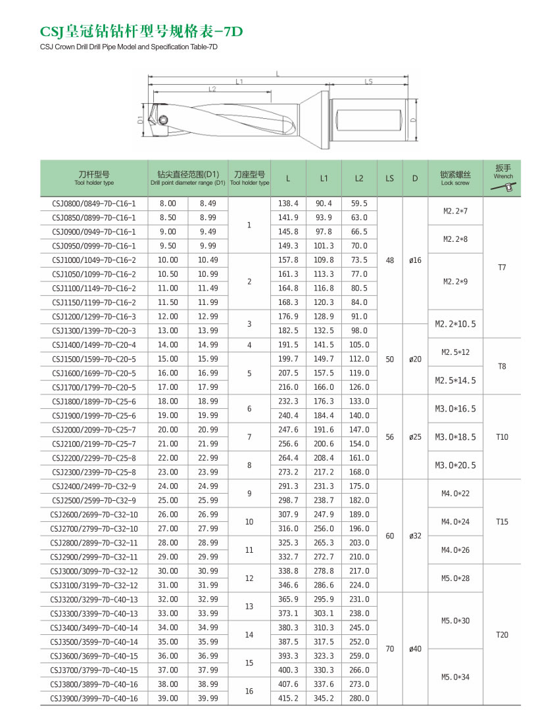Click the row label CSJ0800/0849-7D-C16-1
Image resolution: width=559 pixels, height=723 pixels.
(x=93, y=204)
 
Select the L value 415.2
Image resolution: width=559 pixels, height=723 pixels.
(x=288, y=698)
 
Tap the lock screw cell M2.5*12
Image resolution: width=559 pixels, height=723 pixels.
(x=456, y=352)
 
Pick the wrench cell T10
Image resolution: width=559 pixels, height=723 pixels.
(x=502, y=437)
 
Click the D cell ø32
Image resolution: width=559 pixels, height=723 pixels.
(x=415, y=536)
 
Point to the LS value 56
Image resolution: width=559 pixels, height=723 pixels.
(x=389, y=437)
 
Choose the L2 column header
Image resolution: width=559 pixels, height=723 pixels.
(x=358, y=178)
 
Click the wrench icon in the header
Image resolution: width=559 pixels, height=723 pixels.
(x=503, y=188)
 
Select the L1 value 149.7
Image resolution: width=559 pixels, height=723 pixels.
(x=324, y=359)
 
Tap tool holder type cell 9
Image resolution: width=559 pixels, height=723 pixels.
(x=249, y=494)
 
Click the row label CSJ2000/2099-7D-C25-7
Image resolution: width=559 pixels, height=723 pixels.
(x=93, y=430)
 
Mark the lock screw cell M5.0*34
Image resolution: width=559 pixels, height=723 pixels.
(x=456, y=677)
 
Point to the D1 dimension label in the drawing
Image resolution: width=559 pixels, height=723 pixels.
(x=141, y=120)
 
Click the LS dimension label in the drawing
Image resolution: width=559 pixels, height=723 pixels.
(x=368, y=82)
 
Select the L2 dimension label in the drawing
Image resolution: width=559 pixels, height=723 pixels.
(x=212, y=89)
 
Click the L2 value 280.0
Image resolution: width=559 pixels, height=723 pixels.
(x=358, y=698)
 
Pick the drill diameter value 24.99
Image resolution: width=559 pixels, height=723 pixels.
(x=208, y=486)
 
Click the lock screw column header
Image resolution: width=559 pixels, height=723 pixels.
(x=456, y=178)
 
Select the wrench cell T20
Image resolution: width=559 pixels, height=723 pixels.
(x=502, y=635)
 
